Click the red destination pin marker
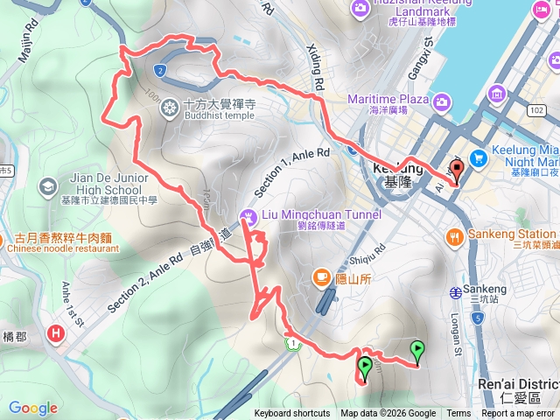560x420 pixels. (x=455, y=171)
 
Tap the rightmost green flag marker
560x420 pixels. (x=417, y=350)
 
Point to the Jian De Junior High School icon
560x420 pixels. (x=46, y=185)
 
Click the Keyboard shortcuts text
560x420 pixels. (x=292, y=414)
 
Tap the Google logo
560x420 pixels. (x=33, y=408)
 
